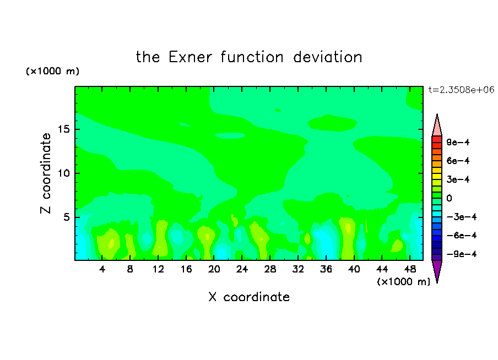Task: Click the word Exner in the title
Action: [x=190, y=57]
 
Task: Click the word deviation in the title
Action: [x=327, y=57]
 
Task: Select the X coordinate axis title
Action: [x=249, y=297]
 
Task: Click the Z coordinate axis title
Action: [x=46, y=173]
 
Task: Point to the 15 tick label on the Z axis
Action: [x=64, y=129]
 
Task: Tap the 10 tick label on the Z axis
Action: [x=64, y=173]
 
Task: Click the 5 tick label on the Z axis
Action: [x=67, y=217]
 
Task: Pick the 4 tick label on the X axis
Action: [x=102, y=270]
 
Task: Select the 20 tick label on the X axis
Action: [x=214, y=270]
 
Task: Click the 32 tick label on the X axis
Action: [x=298, y=270]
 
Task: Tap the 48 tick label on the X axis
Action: [x=410, y=270]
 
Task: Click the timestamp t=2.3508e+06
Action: [x=461, y=90]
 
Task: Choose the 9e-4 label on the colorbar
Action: [x=458, y=142]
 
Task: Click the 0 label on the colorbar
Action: [x=449, y=198]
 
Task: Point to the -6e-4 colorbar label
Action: [x=462, y=236]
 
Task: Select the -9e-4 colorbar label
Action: [x=462, y=254]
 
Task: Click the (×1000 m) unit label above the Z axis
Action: [x=52, y=71]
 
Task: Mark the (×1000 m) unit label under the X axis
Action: [x=403, y=282]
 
